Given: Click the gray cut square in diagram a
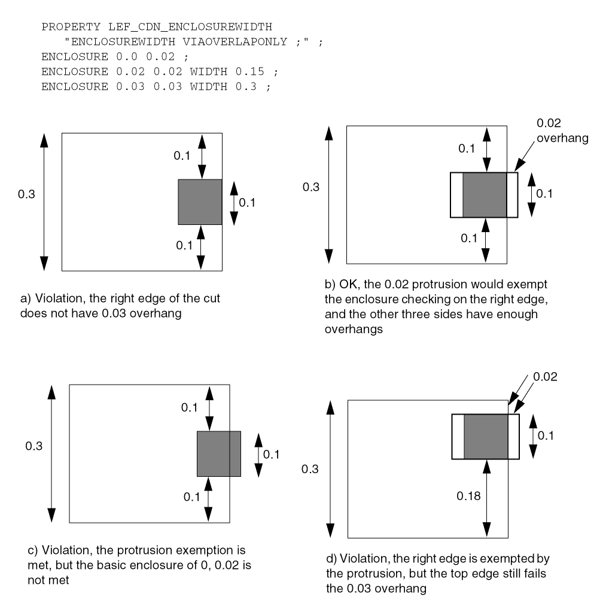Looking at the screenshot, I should click(200, 202).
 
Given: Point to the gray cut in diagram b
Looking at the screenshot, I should click(485, 195).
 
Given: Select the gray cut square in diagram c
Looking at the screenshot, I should click(219, 453).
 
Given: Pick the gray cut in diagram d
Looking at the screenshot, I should click(486, 437).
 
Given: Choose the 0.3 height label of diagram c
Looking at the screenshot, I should click(34, 446).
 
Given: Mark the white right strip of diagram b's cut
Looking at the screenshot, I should click(512, 195).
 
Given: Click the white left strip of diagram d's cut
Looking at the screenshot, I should click(458, 437).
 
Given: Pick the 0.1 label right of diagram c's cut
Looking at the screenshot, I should click(272, 454).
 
